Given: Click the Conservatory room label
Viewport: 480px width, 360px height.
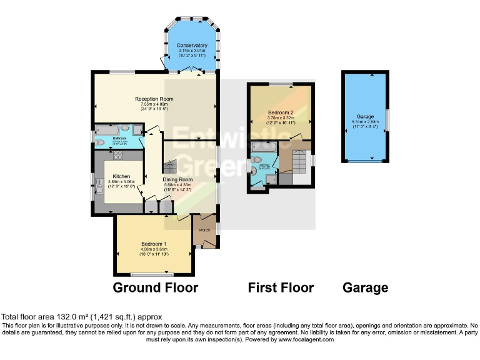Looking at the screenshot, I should pyautogui.click(x=192, y=46).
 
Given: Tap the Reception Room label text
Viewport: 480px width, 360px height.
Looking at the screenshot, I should pyautogui.click(x=154, y=99).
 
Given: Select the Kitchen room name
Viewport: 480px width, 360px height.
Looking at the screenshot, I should pyautogui.click(x=121, y=176).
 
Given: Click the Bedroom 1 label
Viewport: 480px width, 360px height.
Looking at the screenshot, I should pyautogui.click(x=153, y=243).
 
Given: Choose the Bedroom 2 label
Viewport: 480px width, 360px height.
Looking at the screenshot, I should pyautogui.click(x=281, y=112).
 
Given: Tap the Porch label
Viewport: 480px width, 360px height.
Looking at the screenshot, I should pyautogui.click(x=204, y=230).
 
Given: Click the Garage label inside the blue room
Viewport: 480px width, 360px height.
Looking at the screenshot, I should pyautogui.click(x=365, y=117).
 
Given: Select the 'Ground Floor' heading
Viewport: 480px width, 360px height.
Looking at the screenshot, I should pyautogui.click(x=155, y=288).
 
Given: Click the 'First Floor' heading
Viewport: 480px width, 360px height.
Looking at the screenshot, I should pyautogui.click(x=281, y=288).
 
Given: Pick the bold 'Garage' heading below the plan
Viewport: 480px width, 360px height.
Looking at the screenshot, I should pyautogui.click(x=365, y=288).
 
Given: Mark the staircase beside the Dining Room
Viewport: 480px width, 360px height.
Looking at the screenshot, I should pyautogui.click(x=169, y=166).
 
